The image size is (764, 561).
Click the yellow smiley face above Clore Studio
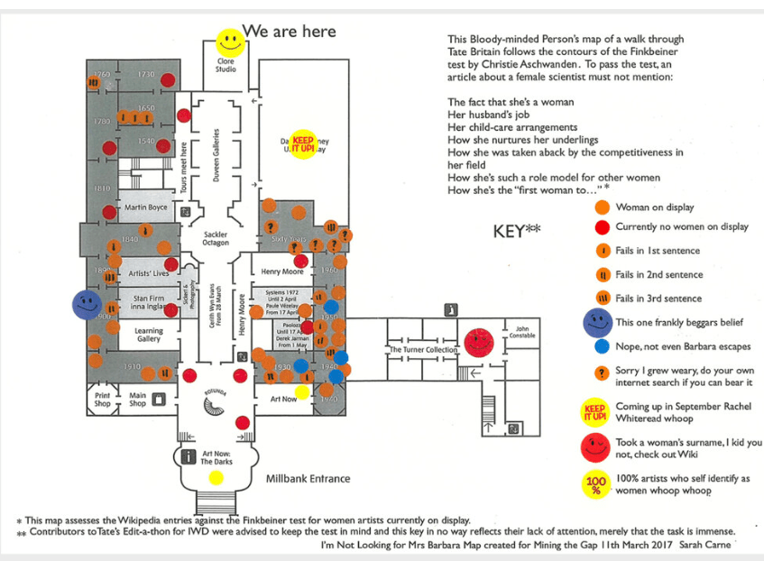229,41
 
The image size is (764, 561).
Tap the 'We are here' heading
290,32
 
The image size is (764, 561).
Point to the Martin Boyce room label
145,207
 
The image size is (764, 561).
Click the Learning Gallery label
149,335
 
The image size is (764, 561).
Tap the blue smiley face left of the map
87,304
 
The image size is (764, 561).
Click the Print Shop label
103,398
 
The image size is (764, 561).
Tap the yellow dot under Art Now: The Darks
216,477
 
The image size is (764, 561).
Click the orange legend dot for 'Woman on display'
601,207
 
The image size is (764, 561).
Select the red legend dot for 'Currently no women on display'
601,227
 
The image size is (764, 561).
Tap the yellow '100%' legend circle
595,485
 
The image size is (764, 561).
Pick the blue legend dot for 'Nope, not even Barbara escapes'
601,345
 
